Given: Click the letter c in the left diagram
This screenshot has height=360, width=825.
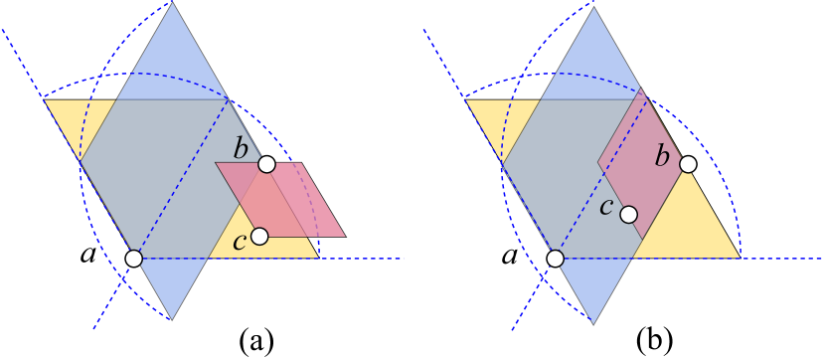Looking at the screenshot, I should pos(239,242).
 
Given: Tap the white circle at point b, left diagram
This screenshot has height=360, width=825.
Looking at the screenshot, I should pos(266,164).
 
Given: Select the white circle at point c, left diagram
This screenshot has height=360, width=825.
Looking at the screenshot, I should pos(259,236).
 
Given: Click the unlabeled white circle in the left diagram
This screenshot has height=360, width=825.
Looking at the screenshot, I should pos(133,259).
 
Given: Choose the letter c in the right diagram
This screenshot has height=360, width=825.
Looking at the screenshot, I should pos(605,207).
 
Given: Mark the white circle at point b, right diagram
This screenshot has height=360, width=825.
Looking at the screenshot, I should pos(687,164).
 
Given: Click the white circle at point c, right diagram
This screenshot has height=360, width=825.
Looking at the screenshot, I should pos(628,214).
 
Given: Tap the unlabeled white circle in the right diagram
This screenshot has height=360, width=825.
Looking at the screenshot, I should pos(555,259).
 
